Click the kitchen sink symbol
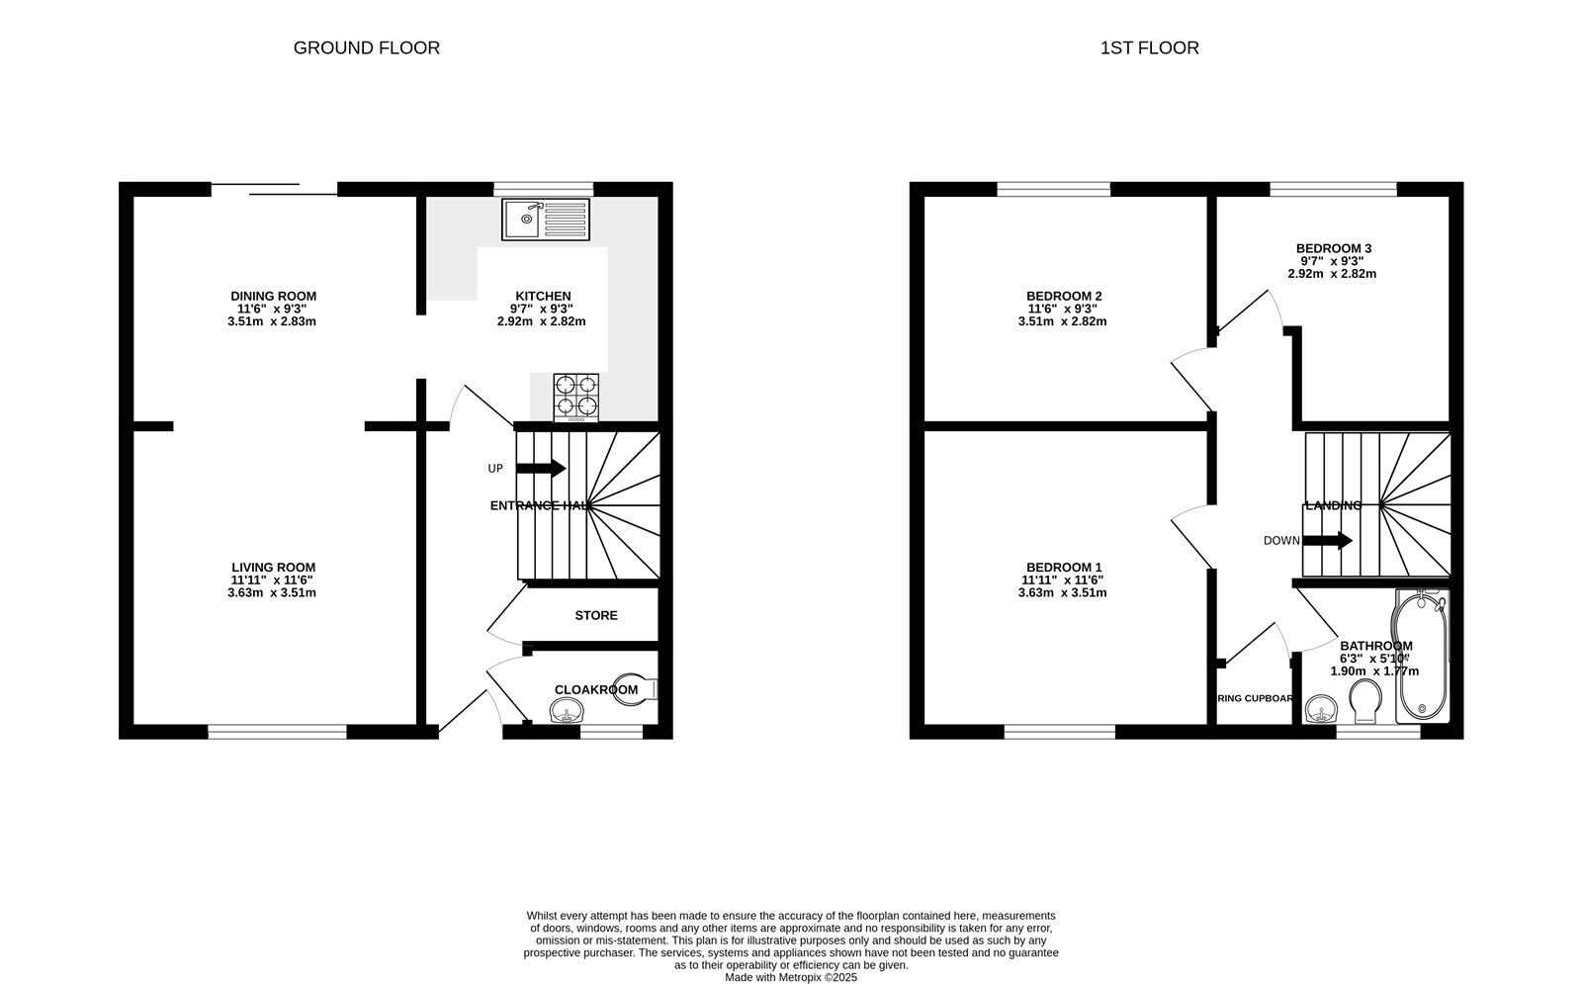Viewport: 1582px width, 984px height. (545, 220)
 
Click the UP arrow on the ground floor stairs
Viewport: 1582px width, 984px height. (541, 468)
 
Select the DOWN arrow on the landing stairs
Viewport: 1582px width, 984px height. (1328, 540)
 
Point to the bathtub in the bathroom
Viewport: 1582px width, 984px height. (1421, 655)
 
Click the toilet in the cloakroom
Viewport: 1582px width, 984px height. (631, 690)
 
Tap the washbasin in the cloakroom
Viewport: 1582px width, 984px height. (567, 710)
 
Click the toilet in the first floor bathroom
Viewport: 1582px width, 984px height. (1364, 699)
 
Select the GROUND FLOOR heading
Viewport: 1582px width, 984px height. (366, 47)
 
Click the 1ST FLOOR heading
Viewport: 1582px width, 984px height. (1149, 47)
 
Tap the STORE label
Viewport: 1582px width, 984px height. (596, 615)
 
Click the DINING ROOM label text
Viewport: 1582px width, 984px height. (273, 296)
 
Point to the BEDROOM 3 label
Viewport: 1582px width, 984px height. (1333, 248)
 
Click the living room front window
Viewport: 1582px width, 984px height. (277, 732)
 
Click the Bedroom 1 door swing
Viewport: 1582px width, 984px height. (1189, 534)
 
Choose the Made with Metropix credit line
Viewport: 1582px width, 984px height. (791, 977)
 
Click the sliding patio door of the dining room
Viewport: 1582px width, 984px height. (274, 189)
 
